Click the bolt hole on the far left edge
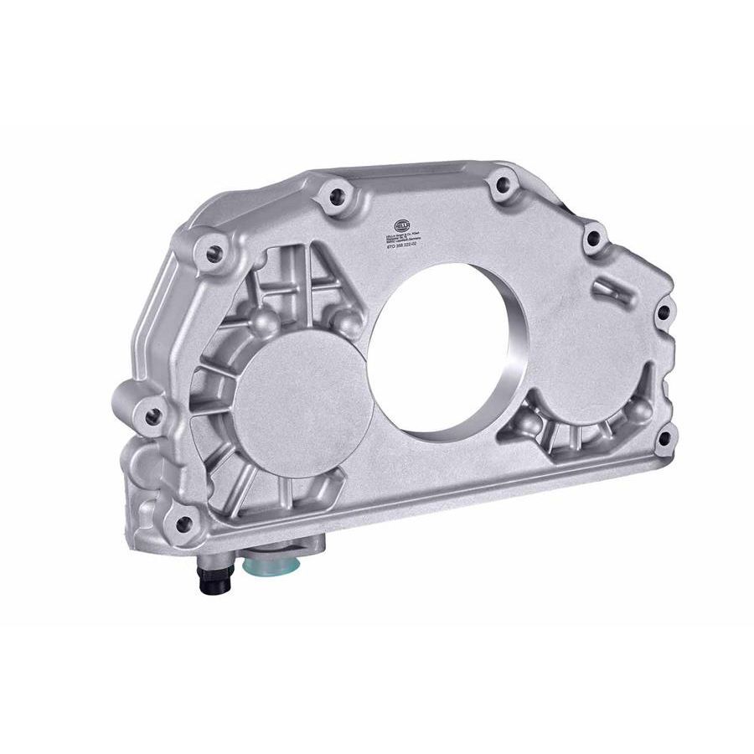point(152,415)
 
